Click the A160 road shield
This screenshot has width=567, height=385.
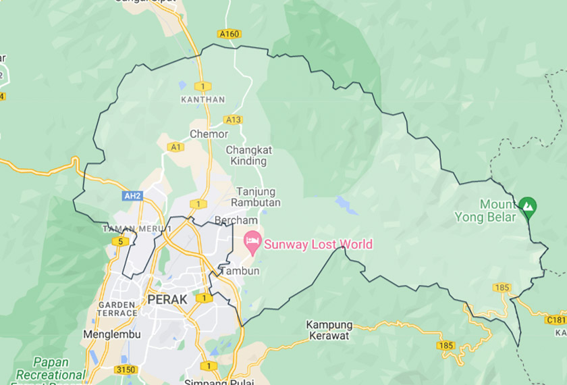pyautogui.click(x=230, y=34)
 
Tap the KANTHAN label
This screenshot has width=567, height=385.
pyautogui.click(x=202, y=99)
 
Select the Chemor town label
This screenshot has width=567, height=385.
pyautogui.click(x=209, y=134)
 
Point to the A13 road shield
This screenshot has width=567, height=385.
pyautogui.click(x=234, y=120)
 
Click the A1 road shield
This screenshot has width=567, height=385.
pyautogui.click(x=176, y=147)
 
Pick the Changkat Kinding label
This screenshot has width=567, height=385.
pyautogui.click(x=248, y=155)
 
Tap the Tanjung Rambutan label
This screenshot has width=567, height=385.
pyautogui.click(x=256, y=197)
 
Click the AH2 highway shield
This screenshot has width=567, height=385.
pyautogui.click(x=132, y=196)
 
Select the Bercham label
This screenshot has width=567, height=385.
pyautogui.click(x=236, y=220)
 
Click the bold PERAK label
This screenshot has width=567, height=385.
pyautogui.click(x=167, y=299)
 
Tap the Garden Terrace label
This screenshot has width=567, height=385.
pyautogui.click(x=117, y=309)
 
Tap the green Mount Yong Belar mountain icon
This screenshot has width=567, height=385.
pyautogui.click(x=528, y=205)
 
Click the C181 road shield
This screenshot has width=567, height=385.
pyautogui.click(x=556, y=319)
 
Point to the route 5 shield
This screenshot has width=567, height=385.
pyautogui.click(x=121, y=241)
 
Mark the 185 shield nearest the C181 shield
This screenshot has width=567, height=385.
pyautogui.click(x=502, y=288)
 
